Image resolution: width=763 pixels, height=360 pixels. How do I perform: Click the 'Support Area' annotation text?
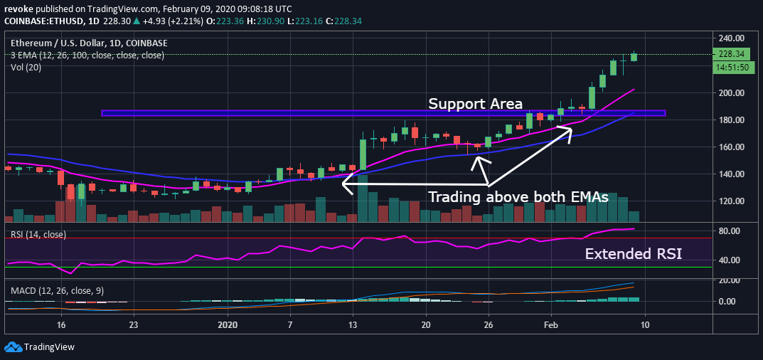pos(475,104)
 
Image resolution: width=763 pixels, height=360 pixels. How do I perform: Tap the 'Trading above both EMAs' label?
pos(518,198)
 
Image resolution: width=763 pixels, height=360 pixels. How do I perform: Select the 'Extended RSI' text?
pos(633,253)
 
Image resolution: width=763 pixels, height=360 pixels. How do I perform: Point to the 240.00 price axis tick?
pos(730,38)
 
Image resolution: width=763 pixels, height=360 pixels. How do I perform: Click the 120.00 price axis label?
pos(730,201)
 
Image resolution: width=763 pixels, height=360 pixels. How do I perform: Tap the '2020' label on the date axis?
pos(228,324)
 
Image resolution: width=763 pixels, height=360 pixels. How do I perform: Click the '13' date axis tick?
pos(352,324)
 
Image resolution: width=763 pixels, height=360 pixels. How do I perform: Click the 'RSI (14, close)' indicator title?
pos(38,234)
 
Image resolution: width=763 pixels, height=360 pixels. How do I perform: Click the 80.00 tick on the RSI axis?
pos(730,231)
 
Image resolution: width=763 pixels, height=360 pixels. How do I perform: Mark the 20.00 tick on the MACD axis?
pos(730,280)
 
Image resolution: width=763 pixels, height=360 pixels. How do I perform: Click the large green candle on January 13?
pos(363,154)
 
